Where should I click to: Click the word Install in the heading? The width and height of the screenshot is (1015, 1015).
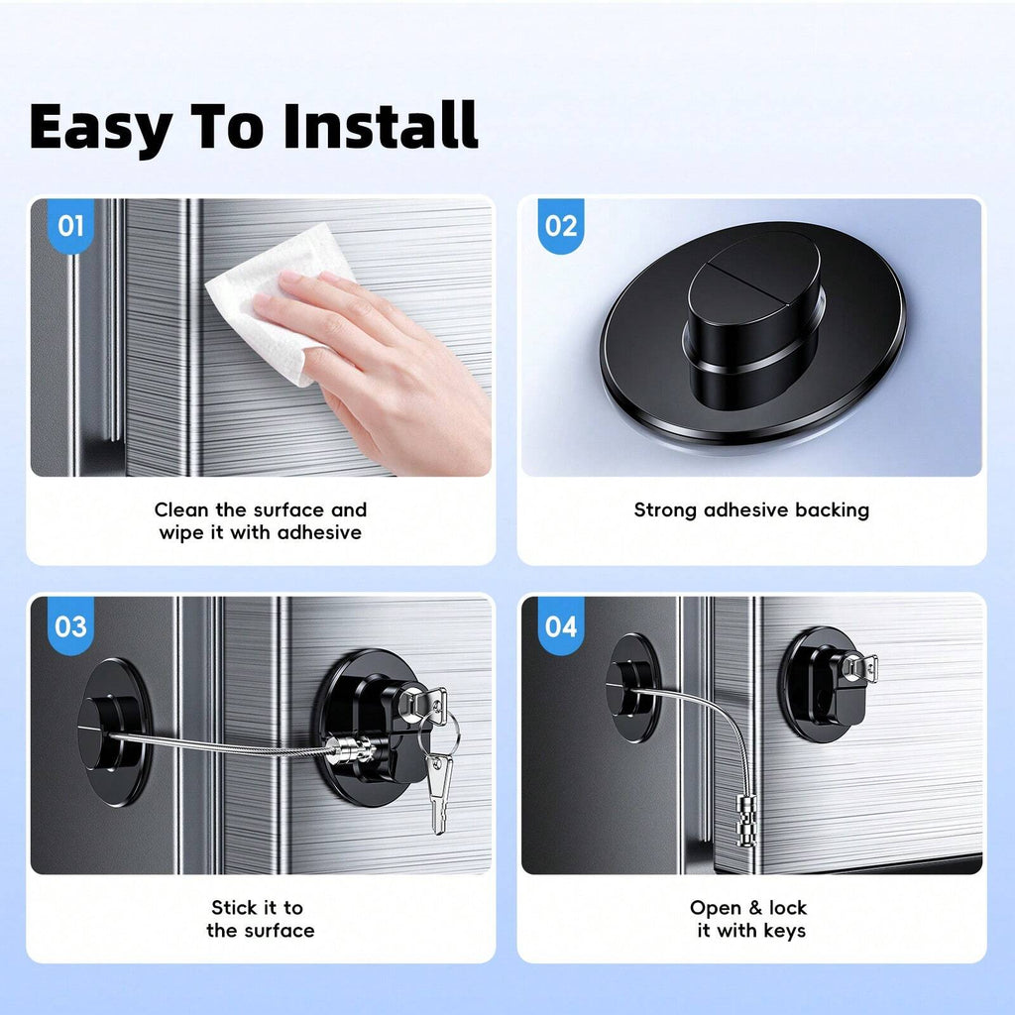(x=380, y=126)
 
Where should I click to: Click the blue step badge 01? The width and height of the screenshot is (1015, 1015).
(x=70, y=226)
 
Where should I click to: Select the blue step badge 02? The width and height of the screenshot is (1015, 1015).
(x=561, y=226)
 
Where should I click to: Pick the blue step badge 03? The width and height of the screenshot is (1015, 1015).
(x=70, y=626)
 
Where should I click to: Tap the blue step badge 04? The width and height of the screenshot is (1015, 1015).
(x=561, y=626)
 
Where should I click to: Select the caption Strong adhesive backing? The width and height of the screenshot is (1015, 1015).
(x=751, y=510)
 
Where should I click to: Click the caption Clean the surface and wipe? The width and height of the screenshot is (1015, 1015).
(x=261, y=521)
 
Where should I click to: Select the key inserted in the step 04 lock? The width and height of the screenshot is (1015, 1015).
(x=860, y=667)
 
